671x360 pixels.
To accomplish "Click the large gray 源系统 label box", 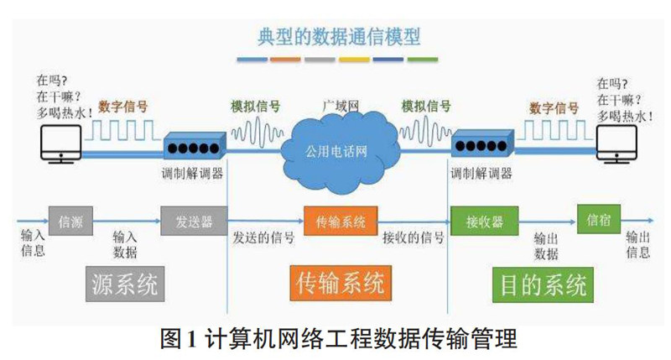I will (123, 284).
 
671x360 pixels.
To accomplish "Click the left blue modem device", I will (194, 148).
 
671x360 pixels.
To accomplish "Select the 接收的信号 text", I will (413, 237).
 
